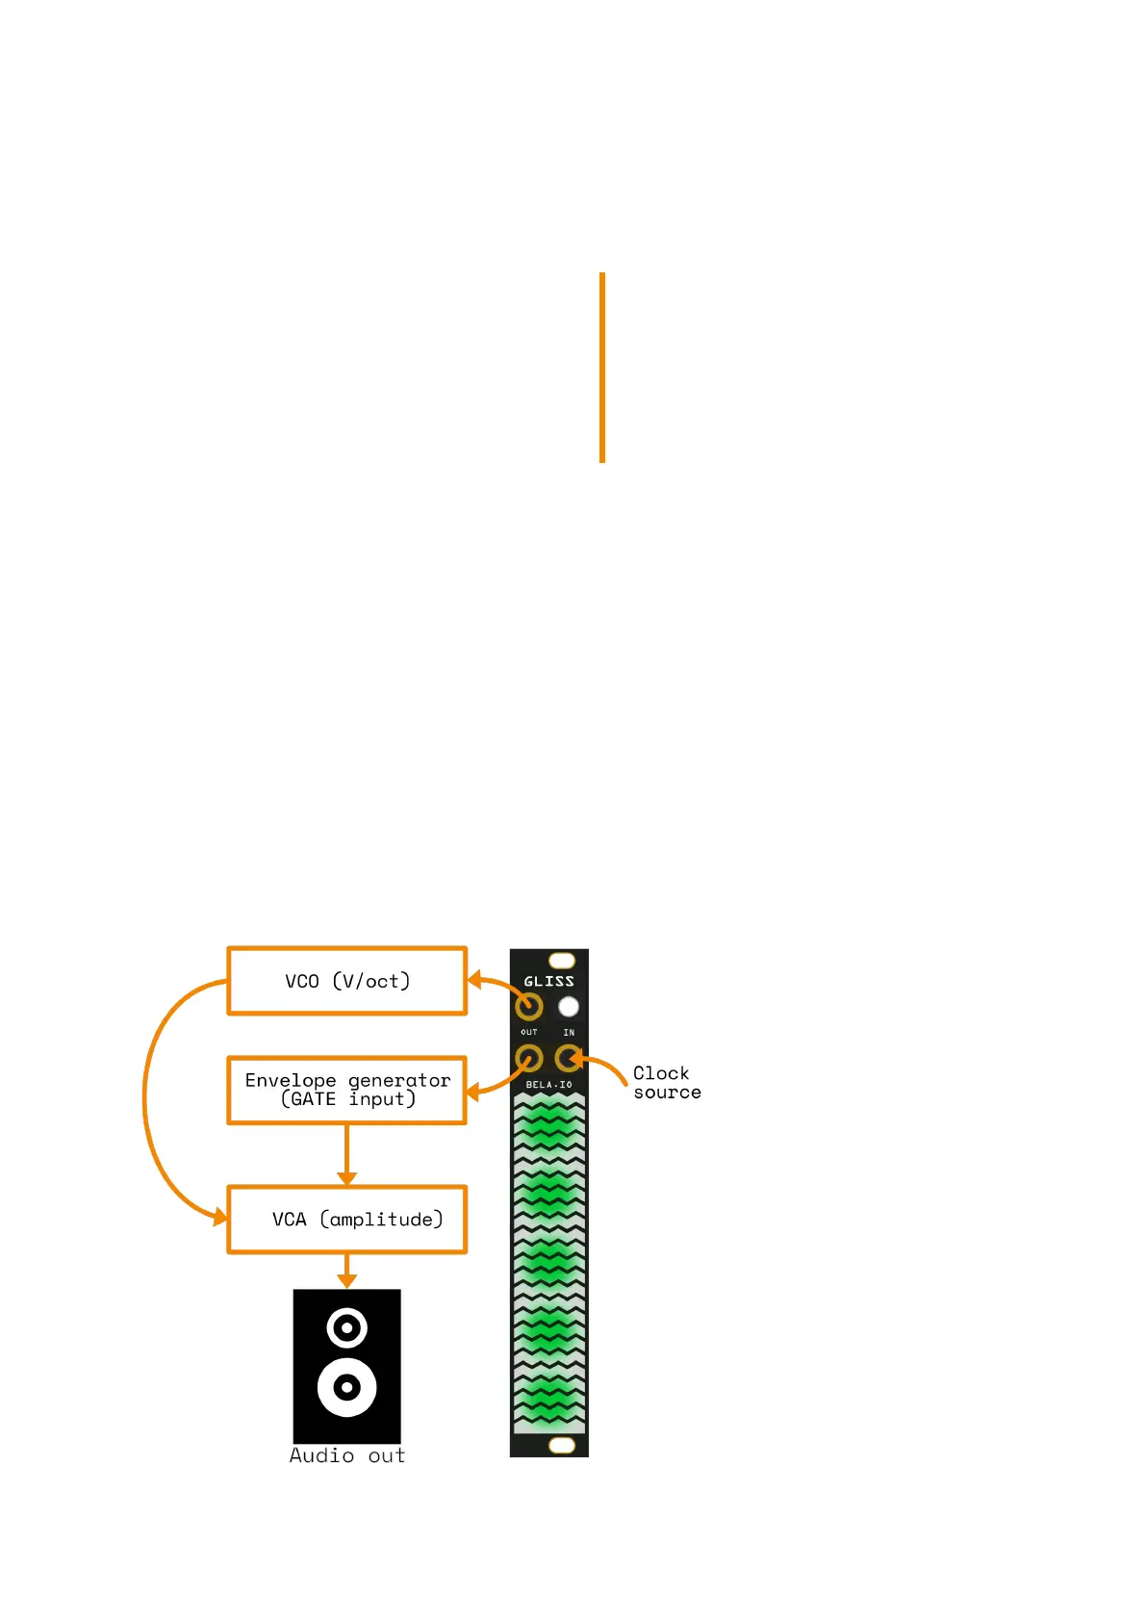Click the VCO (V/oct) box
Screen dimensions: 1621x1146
click(347, 981)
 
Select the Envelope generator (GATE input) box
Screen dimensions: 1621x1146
click(347, 1091)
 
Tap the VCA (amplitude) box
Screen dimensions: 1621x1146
click(347, 1220)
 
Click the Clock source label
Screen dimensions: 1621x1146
click(666, 1083)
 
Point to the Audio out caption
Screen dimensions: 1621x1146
click(347, 1455)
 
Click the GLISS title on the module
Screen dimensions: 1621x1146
click(548, 982)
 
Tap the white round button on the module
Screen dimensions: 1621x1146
click(569, 1007)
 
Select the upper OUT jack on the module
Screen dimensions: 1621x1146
click(529, 1007)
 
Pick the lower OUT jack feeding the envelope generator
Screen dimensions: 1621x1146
click(529, 1059)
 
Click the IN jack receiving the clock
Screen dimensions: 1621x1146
click(569, 1059)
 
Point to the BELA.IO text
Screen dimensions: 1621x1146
click(548, 1085)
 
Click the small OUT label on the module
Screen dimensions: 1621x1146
click(529, 1032)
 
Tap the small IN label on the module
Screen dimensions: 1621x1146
click(569, 1032)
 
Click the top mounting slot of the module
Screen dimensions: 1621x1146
click(561, 961)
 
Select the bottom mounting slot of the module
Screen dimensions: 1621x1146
click(561, 1445)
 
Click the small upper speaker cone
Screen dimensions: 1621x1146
click(347, 1328)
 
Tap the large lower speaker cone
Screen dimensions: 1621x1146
click(347, 1387)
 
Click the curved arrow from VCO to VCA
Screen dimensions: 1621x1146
click(146, 1097)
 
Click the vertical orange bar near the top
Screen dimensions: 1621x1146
click(602, 368)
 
